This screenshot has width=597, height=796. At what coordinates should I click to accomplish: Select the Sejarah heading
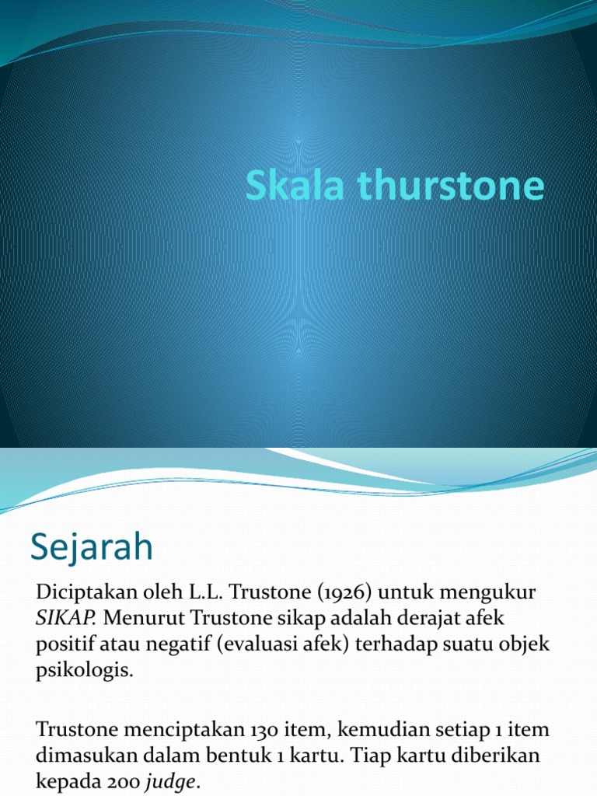(x=92, y=548)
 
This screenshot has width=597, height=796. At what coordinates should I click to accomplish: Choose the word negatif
(x=167, y=645)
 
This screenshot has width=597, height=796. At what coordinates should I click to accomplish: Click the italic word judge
(x=173, y=783)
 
